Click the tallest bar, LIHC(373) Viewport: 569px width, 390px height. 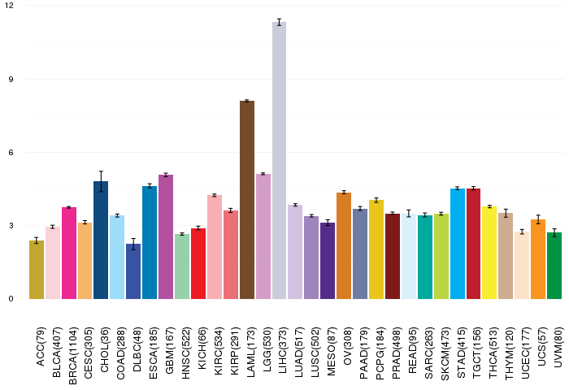(x=279, y=162)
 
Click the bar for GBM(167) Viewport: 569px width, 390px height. (x=166, y=236)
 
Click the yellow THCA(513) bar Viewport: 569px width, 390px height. (x=489, y=253)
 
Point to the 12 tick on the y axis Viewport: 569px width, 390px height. (x=9, y=6)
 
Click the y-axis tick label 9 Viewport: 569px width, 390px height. (x=11, y=80)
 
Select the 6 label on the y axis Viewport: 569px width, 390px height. (x=11, y=153)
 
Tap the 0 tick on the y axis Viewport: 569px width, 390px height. (x=11, y=299)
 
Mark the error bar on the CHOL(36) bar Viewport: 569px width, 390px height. (x=101, y=181)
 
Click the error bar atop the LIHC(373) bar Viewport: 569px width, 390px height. (x=279, y=22)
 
